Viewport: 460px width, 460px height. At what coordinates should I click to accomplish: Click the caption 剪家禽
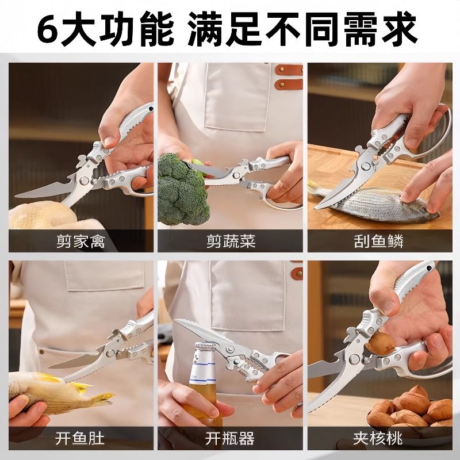point(80,241)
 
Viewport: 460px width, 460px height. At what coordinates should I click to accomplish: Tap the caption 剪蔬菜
point(231,241)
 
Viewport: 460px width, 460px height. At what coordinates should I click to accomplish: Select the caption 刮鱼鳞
point(378,241)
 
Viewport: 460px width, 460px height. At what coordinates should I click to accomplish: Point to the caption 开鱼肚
point(80,439)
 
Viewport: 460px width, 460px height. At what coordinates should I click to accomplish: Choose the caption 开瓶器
point(230,439)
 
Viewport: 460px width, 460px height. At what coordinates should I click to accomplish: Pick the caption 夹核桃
point(378,439)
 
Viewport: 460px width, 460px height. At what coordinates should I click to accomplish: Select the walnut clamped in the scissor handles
point(380,343)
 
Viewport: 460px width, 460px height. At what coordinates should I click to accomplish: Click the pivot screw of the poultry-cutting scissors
point(85,179)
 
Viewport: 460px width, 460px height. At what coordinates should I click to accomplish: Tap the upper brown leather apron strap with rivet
point(289,70)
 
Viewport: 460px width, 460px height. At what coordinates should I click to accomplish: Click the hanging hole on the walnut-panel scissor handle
point(430,268)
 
